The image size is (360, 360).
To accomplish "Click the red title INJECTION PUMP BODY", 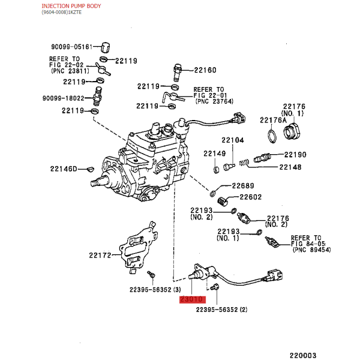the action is click(x=71, y=6).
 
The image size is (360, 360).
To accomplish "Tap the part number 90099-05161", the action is click(x=71, y=47).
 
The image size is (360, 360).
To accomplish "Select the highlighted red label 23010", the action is click(x=193, y=299).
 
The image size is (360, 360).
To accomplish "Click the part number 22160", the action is click(x=205, y=70).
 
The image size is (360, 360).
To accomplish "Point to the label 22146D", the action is click(x=64, y=169).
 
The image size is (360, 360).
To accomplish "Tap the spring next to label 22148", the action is click(x=244, y=163).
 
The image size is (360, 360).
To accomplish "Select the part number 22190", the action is click(x=295, y=155).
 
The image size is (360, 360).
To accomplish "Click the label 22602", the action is click(x=250, y=197).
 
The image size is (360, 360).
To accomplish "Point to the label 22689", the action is click(x=243, y=186).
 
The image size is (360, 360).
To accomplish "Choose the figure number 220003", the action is click(x=303, y=355).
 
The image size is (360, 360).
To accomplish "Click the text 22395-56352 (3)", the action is click(x=155, y=290).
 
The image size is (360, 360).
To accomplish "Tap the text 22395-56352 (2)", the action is click(x=222, y=310).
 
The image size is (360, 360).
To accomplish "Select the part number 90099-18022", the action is click(x=64, y=98).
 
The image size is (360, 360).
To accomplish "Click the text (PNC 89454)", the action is click(x=312, y=250).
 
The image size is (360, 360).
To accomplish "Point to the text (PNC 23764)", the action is click(x=214, y=101).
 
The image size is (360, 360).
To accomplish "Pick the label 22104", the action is click(x=233, y=140).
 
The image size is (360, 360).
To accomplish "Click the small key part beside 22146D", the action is click(x=91, y=169).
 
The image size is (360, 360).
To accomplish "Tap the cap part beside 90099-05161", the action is click(x=106, y=47).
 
